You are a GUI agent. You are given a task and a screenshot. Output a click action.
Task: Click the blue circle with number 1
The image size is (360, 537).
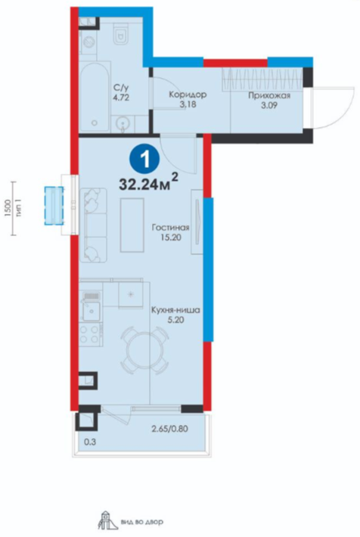pyautogui.click(x=144, y=159)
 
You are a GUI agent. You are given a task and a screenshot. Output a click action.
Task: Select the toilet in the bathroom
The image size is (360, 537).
pyautogui.click(x=121, y=34)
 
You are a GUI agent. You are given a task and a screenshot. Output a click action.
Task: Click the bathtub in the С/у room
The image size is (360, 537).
pyautogui.click(x=95, y=96)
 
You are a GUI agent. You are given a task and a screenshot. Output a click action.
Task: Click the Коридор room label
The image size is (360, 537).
pyautogui.click(x=188, y=95)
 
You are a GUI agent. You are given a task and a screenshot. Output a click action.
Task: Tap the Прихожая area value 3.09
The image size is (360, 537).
pyautogui.click(x=269, y=105)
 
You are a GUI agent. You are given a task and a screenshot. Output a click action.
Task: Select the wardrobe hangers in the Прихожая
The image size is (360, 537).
pyautogui.click(x=262, y=79)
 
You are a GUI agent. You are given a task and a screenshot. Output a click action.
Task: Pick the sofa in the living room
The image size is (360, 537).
pyautogui.click(x=93, y=225)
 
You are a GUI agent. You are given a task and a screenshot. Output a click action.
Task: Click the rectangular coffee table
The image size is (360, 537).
pyautogui.click(x=132, y=225)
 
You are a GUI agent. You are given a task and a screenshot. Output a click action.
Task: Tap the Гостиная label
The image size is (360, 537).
pyautogui.click(x=171, y=227)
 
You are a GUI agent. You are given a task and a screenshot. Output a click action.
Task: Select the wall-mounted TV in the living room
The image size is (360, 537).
pyautogui.click(x=197, y=222)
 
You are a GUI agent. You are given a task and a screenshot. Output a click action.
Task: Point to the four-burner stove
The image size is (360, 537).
pyautogui.click(x=91, y=334)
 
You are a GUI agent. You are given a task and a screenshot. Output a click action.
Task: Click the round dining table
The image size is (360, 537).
pyautogui.click(x=144, y=350)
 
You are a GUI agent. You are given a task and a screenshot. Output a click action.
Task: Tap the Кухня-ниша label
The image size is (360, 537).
pyautogui.click(x=175, y=311)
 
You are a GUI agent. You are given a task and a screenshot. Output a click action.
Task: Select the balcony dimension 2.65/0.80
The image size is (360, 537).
pyautogui.click(x=170, y=428)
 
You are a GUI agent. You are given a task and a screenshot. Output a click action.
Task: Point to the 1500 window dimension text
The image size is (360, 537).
pyautogui.click(x=8, y=209)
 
